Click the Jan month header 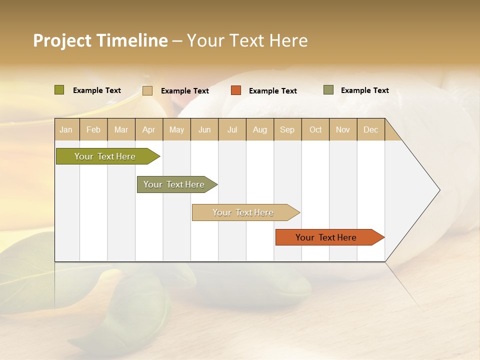coord(66,130)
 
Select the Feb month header coord(93,130)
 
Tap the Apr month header coord(148,130)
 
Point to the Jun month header coord(204,130)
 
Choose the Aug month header coord(259,130)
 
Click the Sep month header coord(287,130)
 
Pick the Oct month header coord(315,130)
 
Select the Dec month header coord(370,130)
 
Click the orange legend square coord(236,90)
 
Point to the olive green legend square coord(59,90)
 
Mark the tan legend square coord(147,90)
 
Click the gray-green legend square coord(328,90)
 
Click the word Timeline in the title coord(132,40)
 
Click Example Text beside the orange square coord(273,91)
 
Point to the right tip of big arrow coord(439,190)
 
